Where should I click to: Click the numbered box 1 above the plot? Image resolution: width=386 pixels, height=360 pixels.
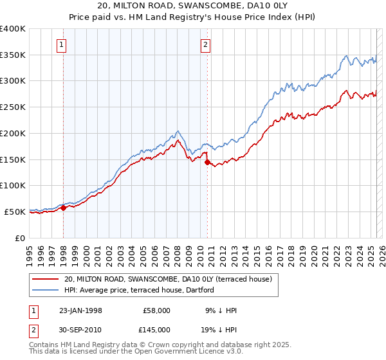[x=61, y=45]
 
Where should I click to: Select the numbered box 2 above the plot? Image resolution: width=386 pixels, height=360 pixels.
[x=205, y=45]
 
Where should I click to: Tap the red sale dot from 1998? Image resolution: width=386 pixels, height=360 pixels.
[x=64, y=208]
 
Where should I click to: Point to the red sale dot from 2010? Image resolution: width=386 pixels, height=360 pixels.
[x=208, y=163]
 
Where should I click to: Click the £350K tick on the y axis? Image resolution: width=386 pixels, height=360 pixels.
[x=13, y=55]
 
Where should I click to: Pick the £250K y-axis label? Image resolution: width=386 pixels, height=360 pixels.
[x=13, y=107]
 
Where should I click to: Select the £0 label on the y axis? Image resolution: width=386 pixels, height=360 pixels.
[x=19, y=238]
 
